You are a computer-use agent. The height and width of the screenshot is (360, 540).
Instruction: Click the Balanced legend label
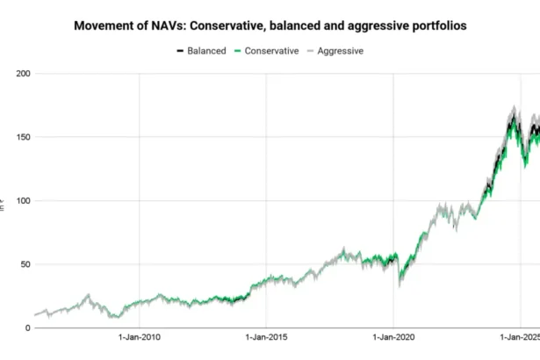(206, 51)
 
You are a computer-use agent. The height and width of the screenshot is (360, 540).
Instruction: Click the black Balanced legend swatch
(180, 51)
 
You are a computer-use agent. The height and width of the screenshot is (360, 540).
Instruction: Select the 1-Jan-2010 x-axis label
(140, 337)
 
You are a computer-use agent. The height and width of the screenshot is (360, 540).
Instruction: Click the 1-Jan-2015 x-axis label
(267, 337)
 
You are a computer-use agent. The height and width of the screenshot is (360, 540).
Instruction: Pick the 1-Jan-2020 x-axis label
(393, 337)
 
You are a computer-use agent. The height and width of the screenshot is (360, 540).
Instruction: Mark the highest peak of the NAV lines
(513, 109)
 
